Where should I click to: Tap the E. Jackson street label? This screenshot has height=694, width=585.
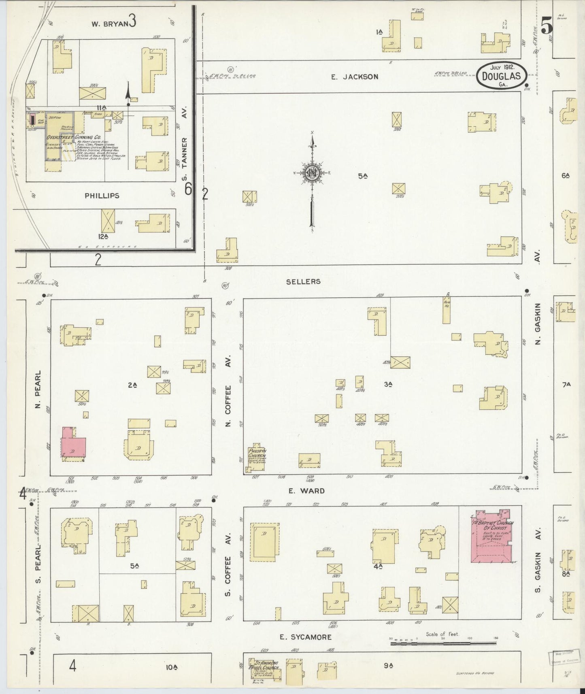[x=355, y=77]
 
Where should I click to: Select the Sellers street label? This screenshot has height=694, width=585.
[x=303, y=281]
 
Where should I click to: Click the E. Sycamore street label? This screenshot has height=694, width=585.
[x=305, y=637]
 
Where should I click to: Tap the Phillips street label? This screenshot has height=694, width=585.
[x=102, y=196]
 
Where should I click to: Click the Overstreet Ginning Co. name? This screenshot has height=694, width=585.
[x=73, y=137]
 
